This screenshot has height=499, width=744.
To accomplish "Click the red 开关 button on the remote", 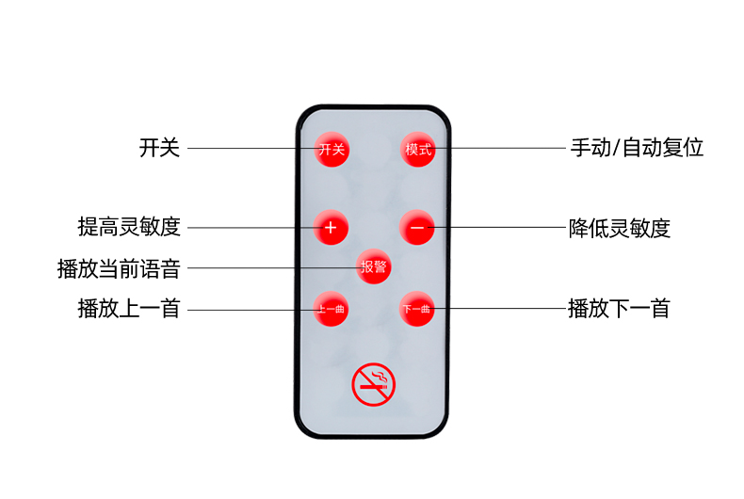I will click(331, 149).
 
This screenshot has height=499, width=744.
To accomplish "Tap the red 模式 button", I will click(417, 149).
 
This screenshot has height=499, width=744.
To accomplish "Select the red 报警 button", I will click(374, 267).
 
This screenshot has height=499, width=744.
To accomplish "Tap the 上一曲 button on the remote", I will click(331, 309).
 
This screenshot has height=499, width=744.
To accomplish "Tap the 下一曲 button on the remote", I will click(416, 309).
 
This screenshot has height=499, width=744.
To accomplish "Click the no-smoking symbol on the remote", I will click(374, 384).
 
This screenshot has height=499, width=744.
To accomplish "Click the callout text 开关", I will click(159, 148).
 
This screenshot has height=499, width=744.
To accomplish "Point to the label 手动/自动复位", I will click(637, 148).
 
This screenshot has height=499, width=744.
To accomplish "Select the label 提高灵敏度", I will click(128, 227).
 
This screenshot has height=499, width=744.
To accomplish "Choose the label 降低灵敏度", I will click(620, 228).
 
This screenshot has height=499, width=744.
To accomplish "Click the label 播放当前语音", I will click(119, 268).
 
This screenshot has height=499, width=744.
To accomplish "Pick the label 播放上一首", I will click(128, 309).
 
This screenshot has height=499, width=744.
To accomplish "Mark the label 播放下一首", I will click(619, 309).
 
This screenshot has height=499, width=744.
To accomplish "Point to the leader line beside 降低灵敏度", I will click(499, 228).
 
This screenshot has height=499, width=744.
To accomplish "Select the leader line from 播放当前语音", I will click(273, 268).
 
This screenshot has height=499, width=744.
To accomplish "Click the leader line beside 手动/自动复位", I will click(499, 149).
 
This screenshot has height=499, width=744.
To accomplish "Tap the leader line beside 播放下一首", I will click(499, 309).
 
